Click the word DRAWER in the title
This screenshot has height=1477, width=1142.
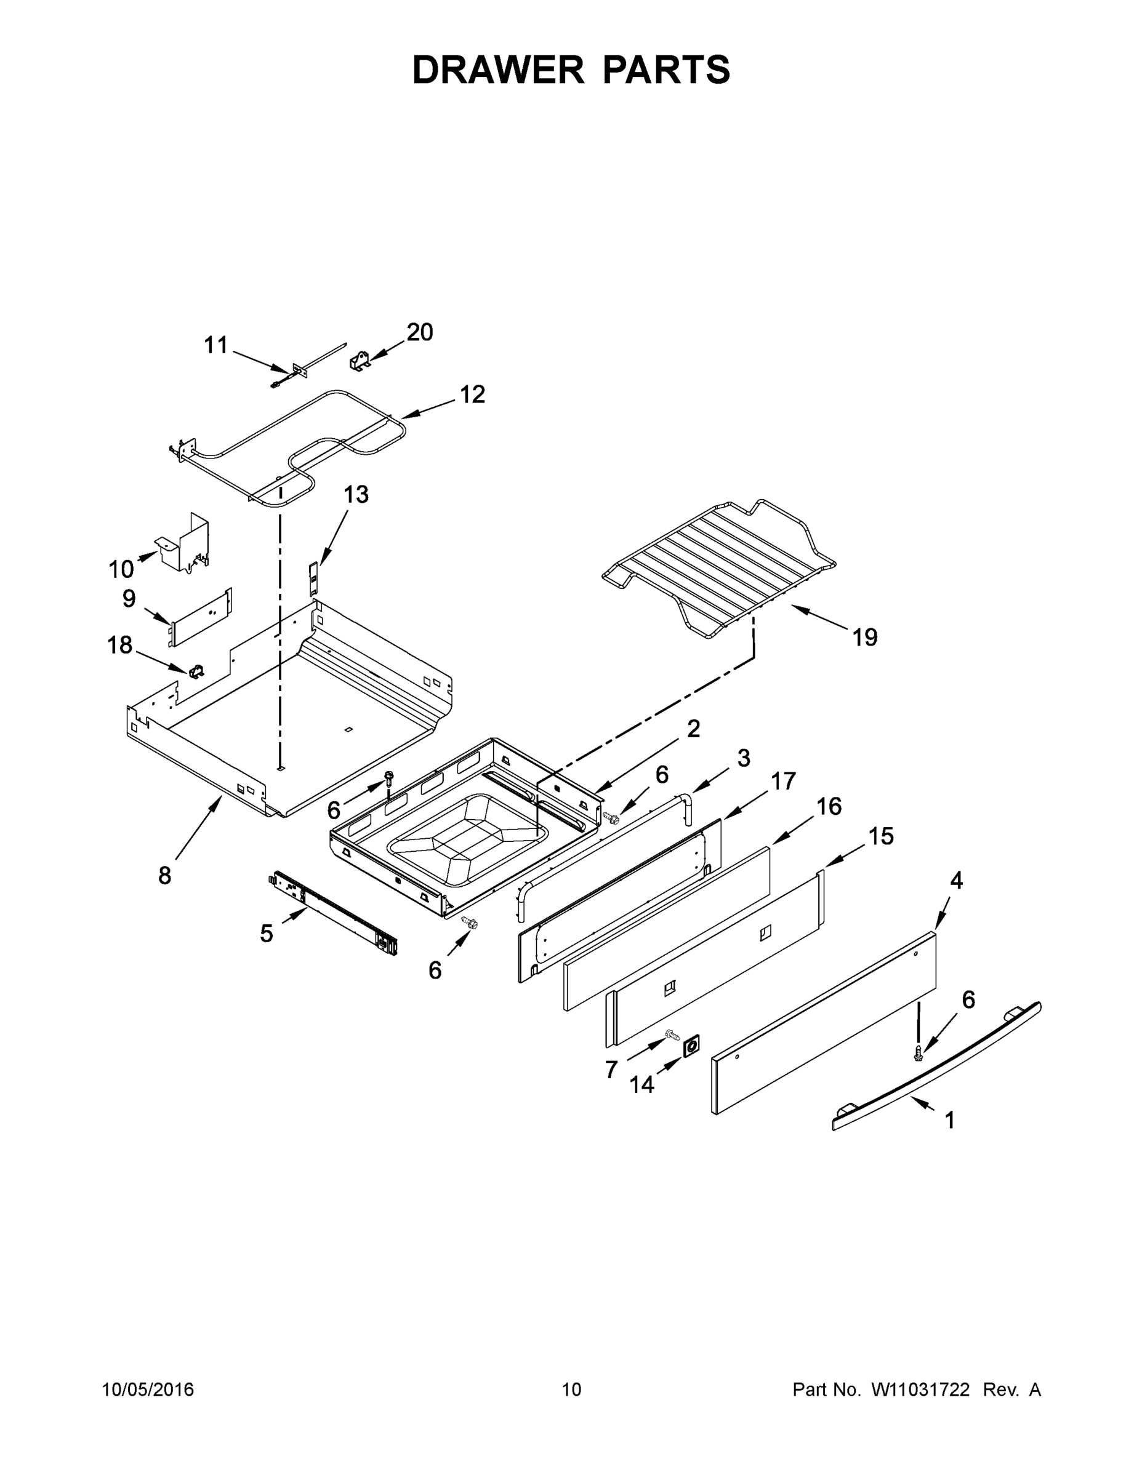pyautogui.click(x=498, y=70)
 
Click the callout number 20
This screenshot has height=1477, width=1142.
pyautogui.click(x=419, y=332)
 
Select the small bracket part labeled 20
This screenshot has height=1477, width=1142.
pyautogui.click(x=361, y=361)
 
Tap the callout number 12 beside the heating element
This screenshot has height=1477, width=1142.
pyautogui.click(x=472, y=394)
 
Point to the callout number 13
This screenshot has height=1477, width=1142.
pyautogui.click(x=356, y=494)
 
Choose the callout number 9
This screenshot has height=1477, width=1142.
pyautogui.click(x=129, y=599)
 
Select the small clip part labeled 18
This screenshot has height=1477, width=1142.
pyautogui.click(x=197, y=671)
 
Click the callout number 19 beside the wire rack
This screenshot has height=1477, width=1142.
pyautogui.click(x=864, y=637)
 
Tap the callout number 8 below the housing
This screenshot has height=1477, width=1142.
pyautogui.click(x=164, y=876)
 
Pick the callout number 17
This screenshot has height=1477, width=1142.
pyautogui.click(x=782, y=781)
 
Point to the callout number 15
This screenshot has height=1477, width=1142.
pyautogui.click(x=881, y=836)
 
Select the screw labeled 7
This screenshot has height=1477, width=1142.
pyautogui.click(x=672, y=1034)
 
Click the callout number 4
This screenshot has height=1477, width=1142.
pyautogui.click(x=956, y=881)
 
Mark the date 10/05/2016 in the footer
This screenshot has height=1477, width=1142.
pyautogui.click(x=148, y=1390)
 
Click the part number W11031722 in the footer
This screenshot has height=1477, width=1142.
pyautogui.click(x=920, y=1390)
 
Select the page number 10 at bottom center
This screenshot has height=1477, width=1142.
pyautogui.click(x=571, y=1390)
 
